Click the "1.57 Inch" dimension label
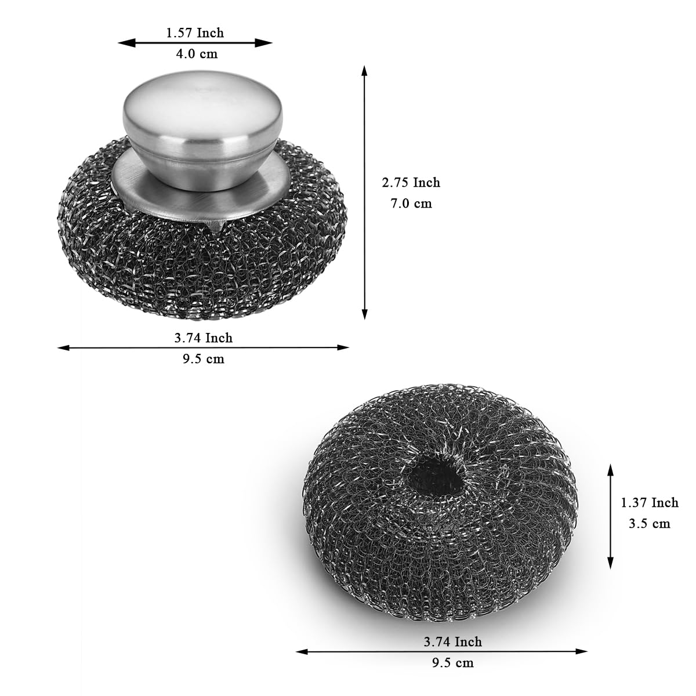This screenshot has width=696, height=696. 195,33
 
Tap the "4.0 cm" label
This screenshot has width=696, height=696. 197,54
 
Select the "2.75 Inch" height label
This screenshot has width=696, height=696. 411,182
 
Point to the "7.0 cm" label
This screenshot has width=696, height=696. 411,204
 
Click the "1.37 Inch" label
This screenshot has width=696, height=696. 650,502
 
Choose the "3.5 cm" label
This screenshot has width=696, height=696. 650,523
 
